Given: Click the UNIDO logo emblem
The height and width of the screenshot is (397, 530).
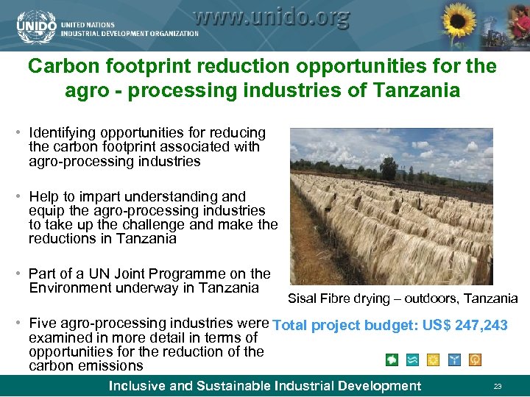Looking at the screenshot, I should (x=36, y=25).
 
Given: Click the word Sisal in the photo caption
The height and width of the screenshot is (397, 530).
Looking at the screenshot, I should (x=303, y=298).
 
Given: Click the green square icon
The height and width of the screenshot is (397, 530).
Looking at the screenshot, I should (x=392, y=360).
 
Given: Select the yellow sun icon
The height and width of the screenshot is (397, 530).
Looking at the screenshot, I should (x=434, y=360).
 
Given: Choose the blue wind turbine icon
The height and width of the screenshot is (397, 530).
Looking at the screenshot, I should (x=455, y=360).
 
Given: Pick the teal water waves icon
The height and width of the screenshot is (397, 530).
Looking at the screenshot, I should (x=413, y=360).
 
